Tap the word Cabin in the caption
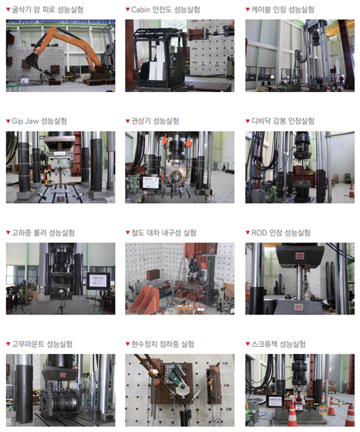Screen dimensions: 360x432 coord(141,10)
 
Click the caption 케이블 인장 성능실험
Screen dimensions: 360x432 coord(283,10)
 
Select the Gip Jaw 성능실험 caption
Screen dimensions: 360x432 coord(39,121)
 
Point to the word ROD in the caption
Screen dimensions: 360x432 coord(259,233)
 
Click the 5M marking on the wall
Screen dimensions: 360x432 coord(225,363)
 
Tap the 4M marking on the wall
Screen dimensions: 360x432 coord(226,386)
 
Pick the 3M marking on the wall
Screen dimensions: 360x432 coord(229,409)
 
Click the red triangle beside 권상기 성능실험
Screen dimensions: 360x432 coord(128,121)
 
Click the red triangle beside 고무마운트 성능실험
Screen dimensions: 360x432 coord(8,344)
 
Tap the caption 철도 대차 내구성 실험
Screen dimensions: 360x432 coord(164,233)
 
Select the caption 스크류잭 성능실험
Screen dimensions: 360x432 coord(279,344)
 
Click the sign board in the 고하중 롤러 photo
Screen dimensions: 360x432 coord(98,281)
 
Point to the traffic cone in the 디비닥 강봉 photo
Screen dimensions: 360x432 coord(352,190)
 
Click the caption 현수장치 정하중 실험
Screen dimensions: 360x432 coord(163,344)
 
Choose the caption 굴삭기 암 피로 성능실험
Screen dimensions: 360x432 coord(48,10)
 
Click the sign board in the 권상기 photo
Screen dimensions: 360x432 coord(151,182)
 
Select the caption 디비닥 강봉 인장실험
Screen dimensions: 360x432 coord(283,121)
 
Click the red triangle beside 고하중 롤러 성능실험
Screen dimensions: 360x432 coord(8,233)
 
